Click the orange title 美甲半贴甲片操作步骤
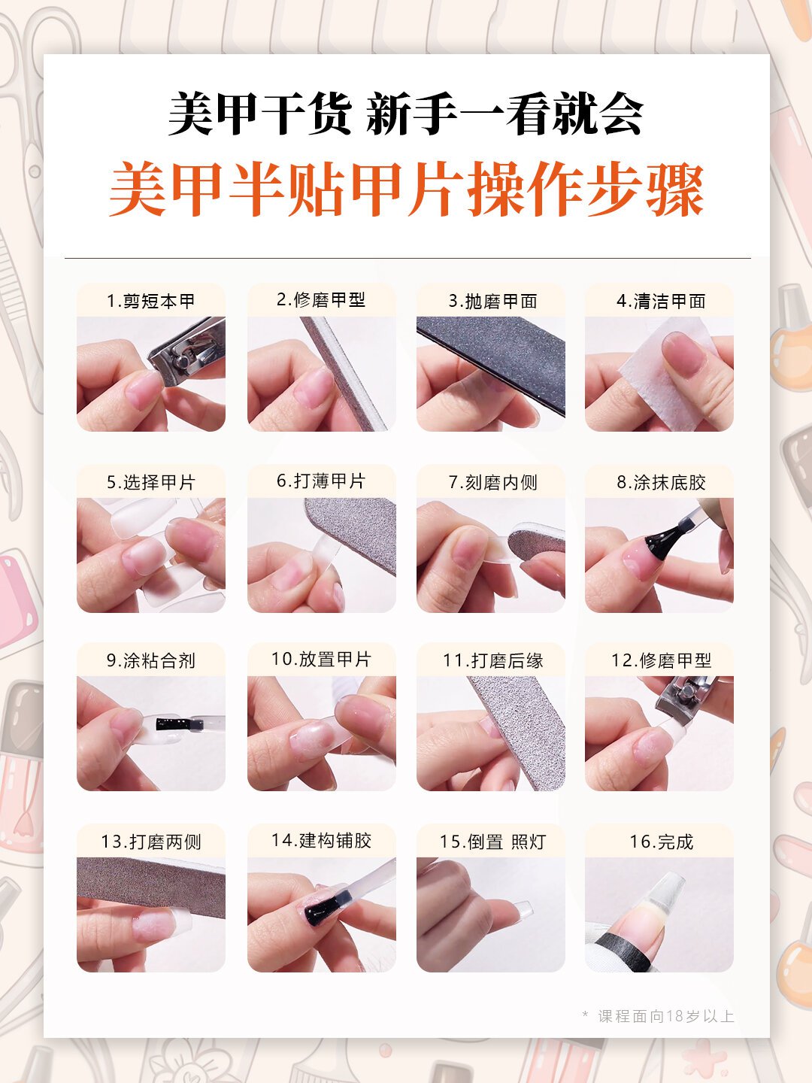click(406, 190)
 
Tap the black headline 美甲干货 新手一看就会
click(406, 114)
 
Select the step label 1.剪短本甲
click(150, 301)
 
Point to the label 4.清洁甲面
click(661, 301)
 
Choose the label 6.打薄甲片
click(321, 481)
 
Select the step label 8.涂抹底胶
click(661, 482)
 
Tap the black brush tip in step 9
click(179, 724)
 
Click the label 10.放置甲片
click(321, 660)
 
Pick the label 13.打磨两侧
click(150, 842)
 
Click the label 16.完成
click(661, 842)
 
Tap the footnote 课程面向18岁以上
click(665, 1016)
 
